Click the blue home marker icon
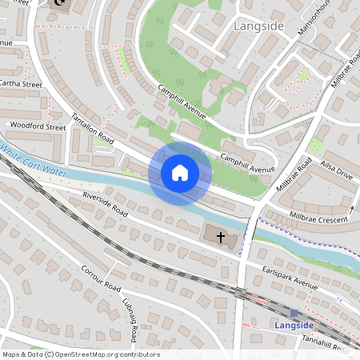(x=180, y=172)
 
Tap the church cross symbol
(x=220, y=236)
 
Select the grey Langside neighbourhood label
(x=258, y=26)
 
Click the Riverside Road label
(x=104, y=204)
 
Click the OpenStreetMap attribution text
(x=80, y=354)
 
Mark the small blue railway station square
(x=294, y=314)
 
